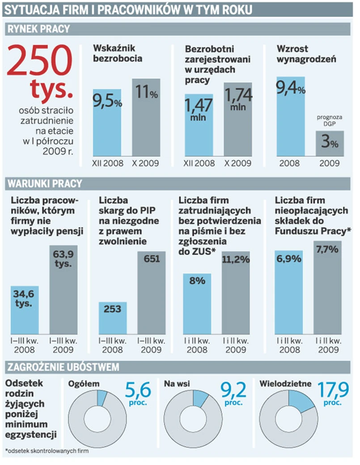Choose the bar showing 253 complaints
tap(113, 318)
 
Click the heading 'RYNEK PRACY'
tap(39, 30)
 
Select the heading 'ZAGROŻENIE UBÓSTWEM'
tap(63, 367)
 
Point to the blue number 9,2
tap(234, 390)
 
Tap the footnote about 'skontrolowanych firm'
tap(47, 451)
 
